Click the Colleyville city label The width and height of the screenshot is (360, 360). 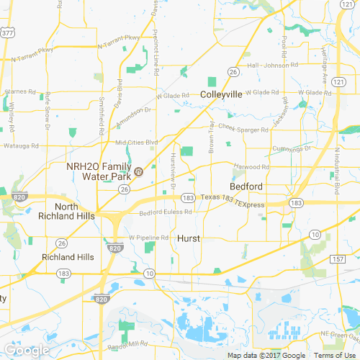tap(221, 94)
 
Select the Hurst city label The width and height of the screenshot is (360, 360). tap(188, 238)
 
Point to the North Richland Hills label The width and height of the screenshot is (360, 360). tap(76, 211)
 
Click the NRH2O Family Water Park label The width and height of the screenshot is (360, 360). tap(99, 171)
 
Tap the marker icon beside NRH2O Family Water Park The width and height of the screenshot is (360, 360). tap(140, 171)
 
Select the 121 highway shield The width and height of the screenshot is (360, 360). tap(338, 84)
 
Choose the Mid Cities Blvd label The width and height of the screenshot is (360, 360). tap(131, 143)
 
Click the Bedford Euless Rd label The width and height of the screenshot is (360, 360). tap(166, 212)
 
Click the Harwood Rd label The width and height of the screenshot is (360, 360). tap(251, 166)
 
